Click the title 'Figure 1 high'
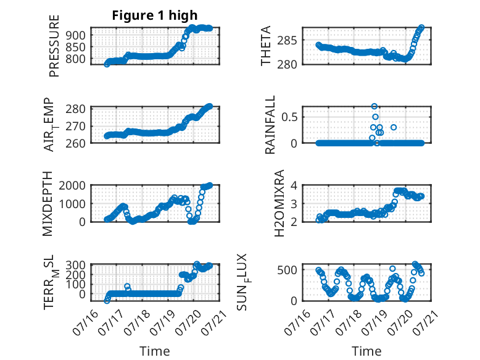155,15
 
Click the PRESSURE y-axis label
54,46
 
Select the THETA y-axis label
266,46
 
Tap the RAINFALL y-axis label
270,125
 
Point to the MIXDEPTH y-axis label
48,204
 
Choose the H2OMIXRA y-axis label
279,203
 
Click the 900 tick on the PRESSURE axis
75,35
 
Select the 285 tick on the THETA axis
287,40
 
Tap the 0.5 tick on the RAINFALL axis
289,117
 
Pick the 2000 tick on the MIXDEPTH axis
72,186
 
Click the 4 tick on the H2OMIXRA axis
294,185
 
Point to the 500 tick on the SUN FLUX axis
287,270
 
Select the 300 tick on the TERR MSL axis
75,265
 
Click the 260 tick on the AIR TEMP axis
75,143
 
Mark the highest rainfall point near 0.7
374,106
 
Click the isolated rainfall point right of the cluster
394,127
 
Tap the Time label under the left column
155,351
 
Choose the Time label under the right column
366,351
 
